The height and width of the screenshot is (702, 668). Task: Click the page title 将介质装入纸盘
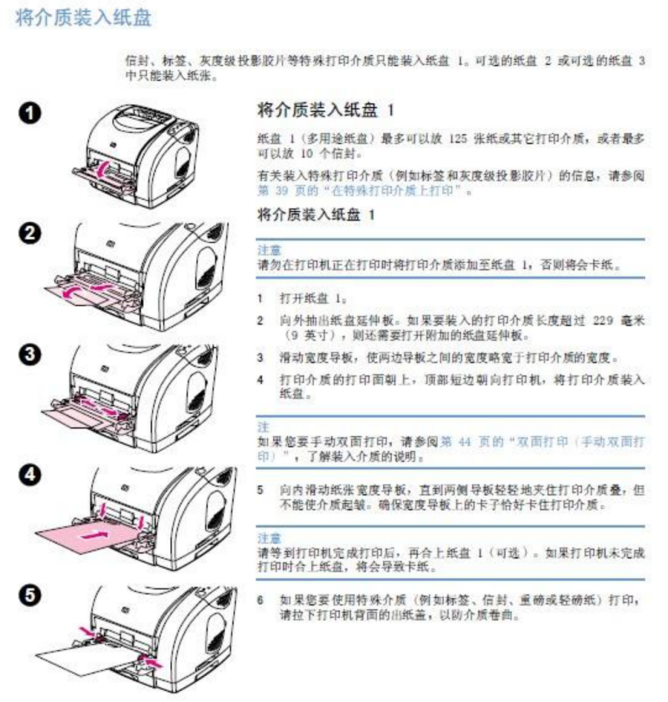point(83,18)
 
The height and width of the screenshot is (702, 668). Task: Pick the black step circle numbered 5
point(28,595)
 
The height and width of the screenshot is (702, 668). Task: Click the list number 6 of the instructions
point(261,600)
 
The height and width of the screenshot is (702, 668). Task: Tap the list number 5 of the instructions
point(261,490)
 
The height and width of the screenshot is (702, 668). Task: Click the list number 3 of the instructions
point(261,357)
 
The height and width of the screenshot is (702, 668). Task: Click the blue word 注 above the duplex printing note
point(264,427)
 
